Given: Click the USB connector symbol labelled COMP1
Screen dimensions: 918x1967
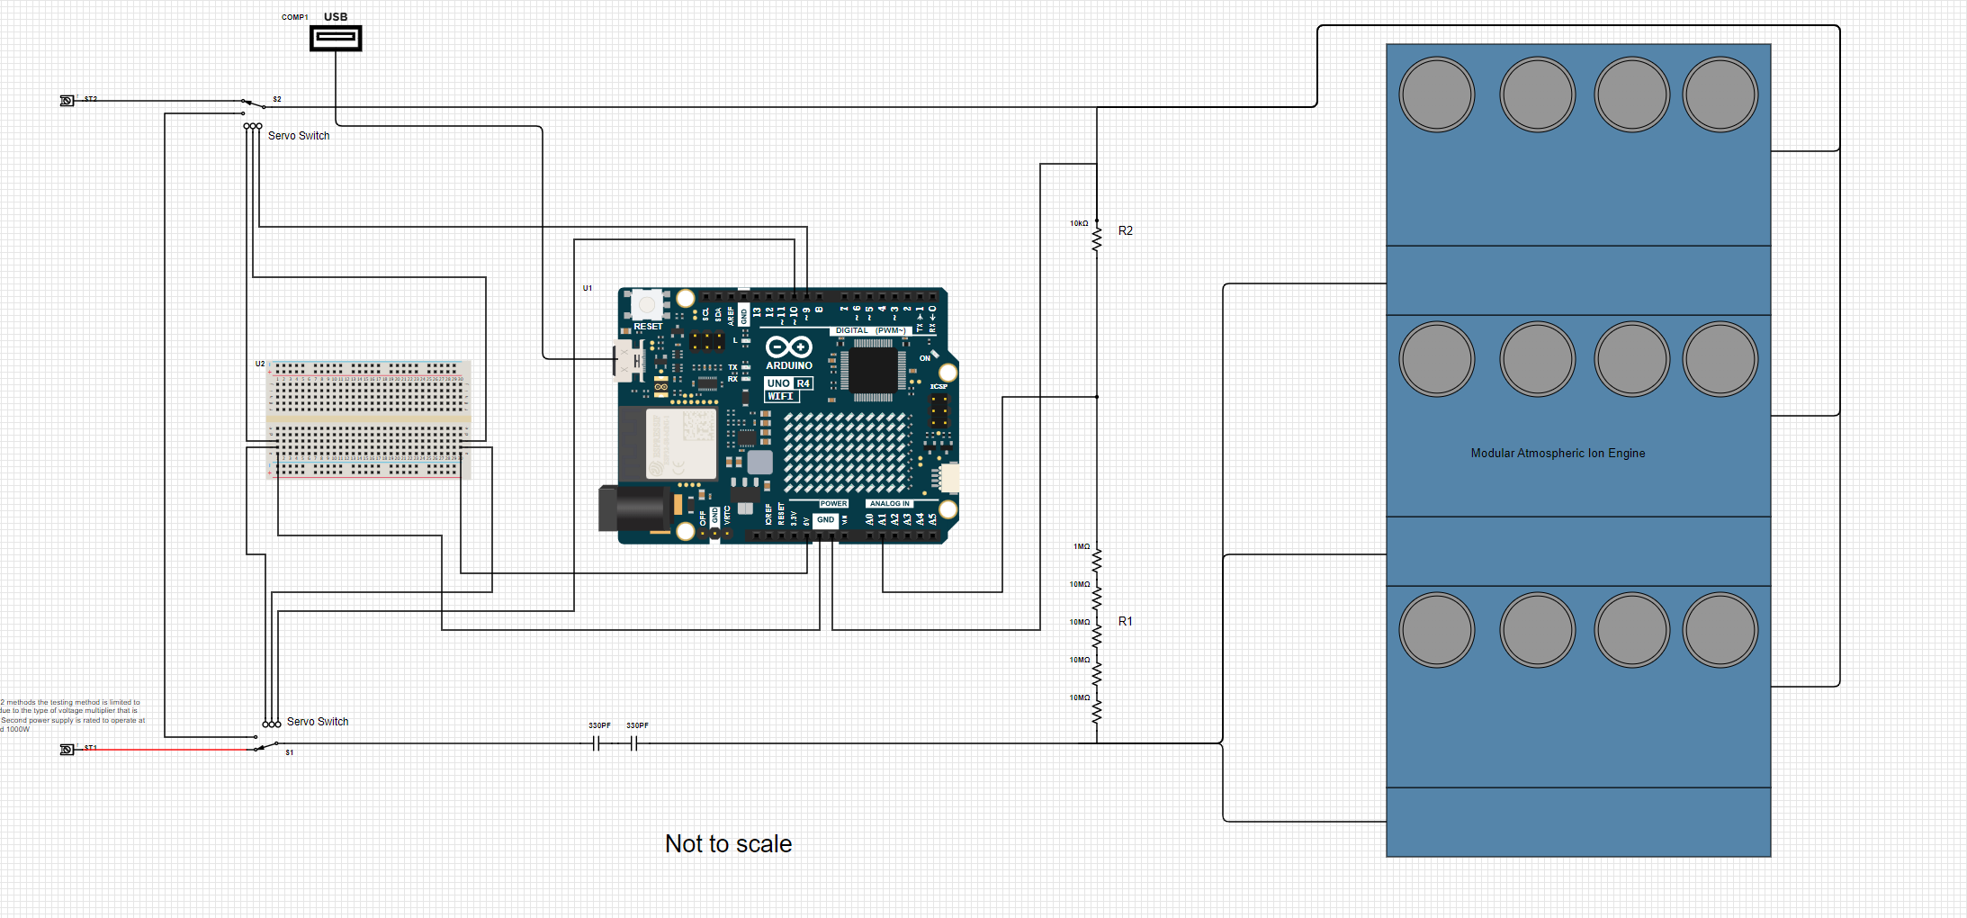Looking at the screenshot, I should tap(336, 38).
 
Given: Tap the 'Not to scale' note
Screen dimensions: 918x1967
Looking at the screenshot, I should tap(728, 843).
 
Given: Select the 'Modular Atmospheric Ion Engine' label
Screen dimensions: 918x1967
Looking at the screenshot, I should tap(1558, 453).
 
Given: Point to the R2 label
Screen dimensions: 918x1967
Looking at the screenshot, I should tap(1125, 230).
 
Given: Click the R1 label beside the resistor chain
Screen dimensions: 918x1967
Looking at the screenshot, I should tap(1125, 621).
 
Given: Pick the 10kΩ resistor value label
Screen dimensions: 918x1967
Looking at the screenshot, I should tap(1079, 223).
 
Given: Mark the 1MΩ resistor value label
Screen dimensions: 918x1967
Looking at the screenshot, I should tap(1081, 546).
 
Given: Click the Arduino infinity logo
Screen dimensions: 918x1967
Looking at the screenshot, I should tap(788, 347).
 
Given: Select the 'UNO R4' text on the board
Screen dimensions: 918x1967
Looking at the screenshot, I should tap(788, 383).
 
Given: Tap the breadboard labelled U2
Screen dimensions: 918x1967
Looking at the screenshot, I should tap(368, 419).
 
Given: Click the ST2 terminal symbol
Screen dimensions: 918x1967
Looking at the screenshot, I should tap(67, 101).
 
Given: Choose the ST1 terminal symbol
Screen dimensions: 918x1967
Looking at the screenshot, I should tap(67, 750).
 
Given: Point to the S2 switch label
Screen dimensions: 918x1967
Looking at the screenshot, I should tap(277, 99).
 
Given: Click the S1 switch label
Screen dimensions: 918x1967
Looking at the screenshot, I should tap(290, 752).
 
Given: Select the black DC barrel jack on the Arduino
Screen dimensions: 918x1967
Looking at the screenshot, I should tap(630, 508).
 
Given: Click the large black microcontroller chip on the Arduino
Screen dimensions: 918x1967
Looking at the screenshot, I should tap(872, 370).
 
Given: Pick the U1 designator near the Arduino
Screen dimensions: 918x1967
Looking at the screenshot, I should tap(588, 288).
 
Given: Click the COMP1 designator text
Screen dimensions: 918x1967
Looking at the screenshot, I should tap(294, 17).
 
